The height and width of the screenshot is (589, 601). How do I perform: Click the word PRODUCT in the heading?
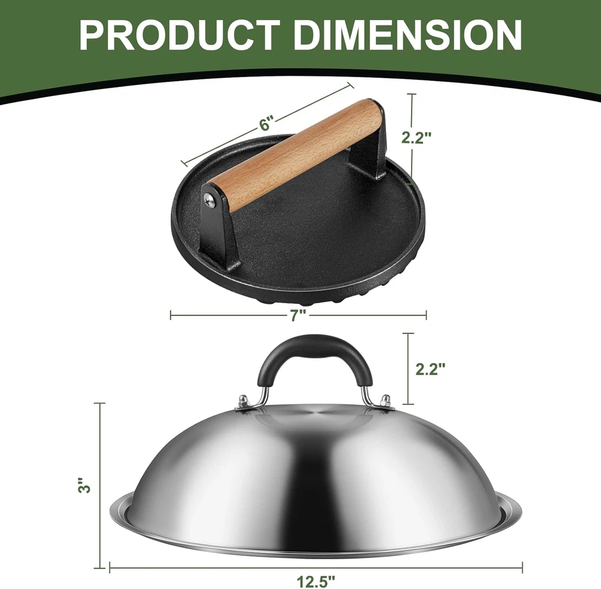(x=179, y=35)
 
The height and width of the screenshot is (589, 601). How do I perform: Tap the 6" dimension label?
(x=267, y=124)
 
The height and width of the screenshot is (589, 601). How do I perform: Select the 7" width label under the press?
(x=297, y=315)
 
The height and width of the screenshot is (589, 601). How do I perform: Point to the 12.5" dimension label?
(x=316, y=582)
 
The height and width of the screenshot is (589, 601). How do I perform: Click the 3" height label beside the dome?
(x=85, y=486)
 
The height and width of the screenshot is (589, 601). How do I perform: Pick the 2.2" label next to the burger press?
(x=416, y=137)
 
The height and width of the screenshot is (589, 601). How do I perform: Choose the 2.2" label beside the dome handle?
(x=430, y=369)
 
